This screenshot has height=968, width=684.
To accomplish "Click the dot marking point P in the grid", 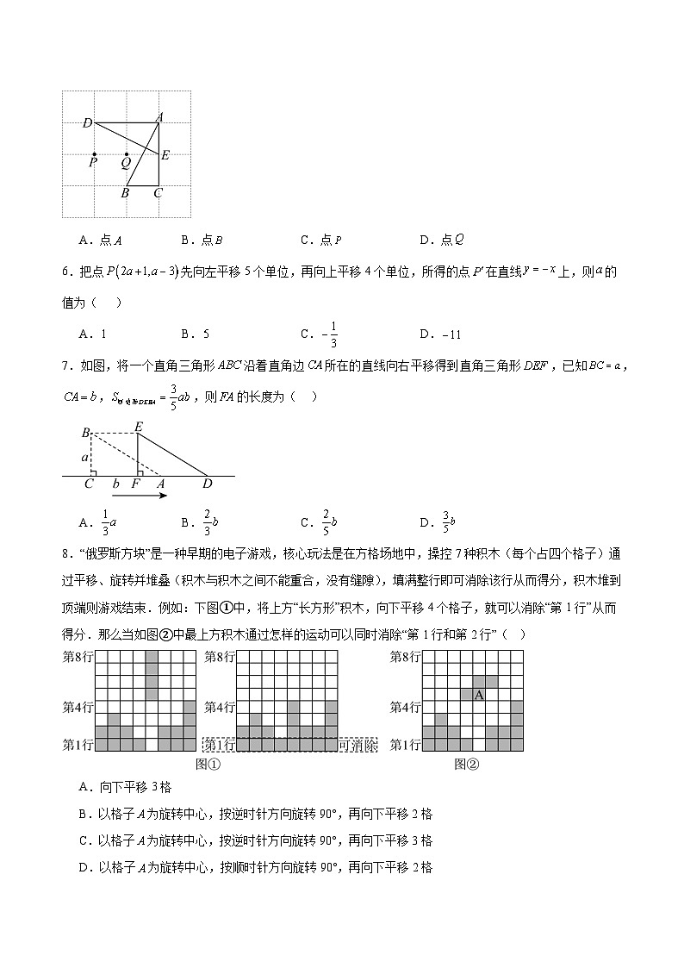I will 94,155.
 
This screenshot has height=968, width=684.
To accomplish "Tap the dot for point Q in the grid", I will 127,155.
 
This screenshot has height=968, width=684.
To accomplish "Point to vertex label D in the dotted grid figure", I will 87,123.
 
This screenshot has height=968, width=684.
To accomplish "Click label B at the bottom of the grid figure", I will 125,193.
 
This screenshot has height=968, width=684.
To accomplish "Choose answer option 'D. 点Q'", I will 442,240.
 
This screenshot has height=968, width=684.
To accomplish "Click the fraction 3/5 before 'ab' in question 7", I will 172,397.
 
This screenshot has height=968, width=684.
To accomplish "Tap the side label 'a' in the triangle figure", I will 85,457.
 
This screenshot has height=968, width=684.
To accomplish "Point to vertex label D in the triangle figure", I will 207,484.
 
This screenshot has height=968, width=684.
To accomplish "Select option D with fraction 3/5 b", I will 438,521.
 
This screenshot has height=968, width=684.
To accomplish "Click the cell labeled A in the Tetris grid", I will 479,695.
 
